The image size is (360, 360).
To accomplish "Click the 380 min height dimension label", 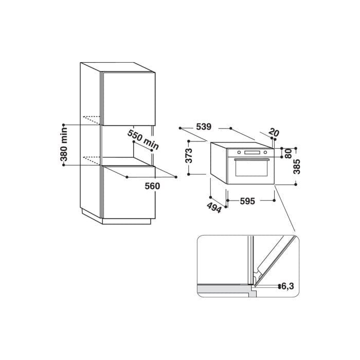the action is pos(64,144).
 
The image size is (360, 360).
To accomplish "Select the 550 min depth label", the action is pos(143,139).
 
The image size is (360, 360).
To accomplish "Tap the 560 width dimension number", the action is pos(152,186).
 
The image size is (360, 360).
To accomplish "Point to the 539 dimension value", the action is pos(204,127).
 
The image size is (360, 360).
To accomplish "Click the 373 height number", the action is pos(189,156).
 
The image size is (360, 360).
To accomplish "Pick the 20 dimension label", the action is pos(274,133).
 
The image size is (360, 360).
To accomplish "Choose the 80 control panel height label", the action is pos(288,153).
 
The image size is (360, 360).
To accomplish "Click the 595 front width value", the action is pos(247,201).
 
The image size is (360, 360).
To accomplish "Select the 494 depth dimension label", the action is pos(214,208).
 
